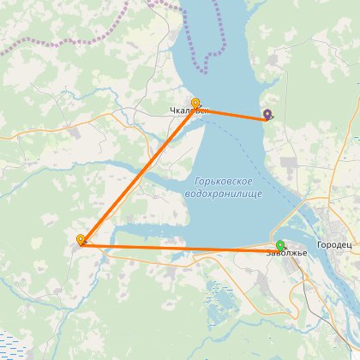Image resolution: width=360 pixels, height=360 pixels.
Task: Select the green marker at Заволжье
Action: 280,245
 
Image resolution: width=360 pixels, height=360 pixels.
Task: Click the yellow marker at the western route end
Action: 81,240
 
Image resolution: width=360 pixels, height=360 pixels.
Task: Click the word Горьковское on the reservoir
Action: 223,182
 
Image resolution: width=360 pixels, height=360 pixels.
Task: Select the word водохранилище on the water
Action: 224,194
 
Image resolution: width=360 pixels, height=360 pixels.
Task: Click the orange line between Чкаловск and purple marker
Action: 231,112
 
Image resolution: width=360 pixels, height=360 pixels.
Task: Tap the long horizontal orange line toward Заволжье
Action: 180,248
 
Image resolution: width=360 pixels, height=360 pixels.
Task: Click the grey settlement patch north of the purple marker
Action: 275,60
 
